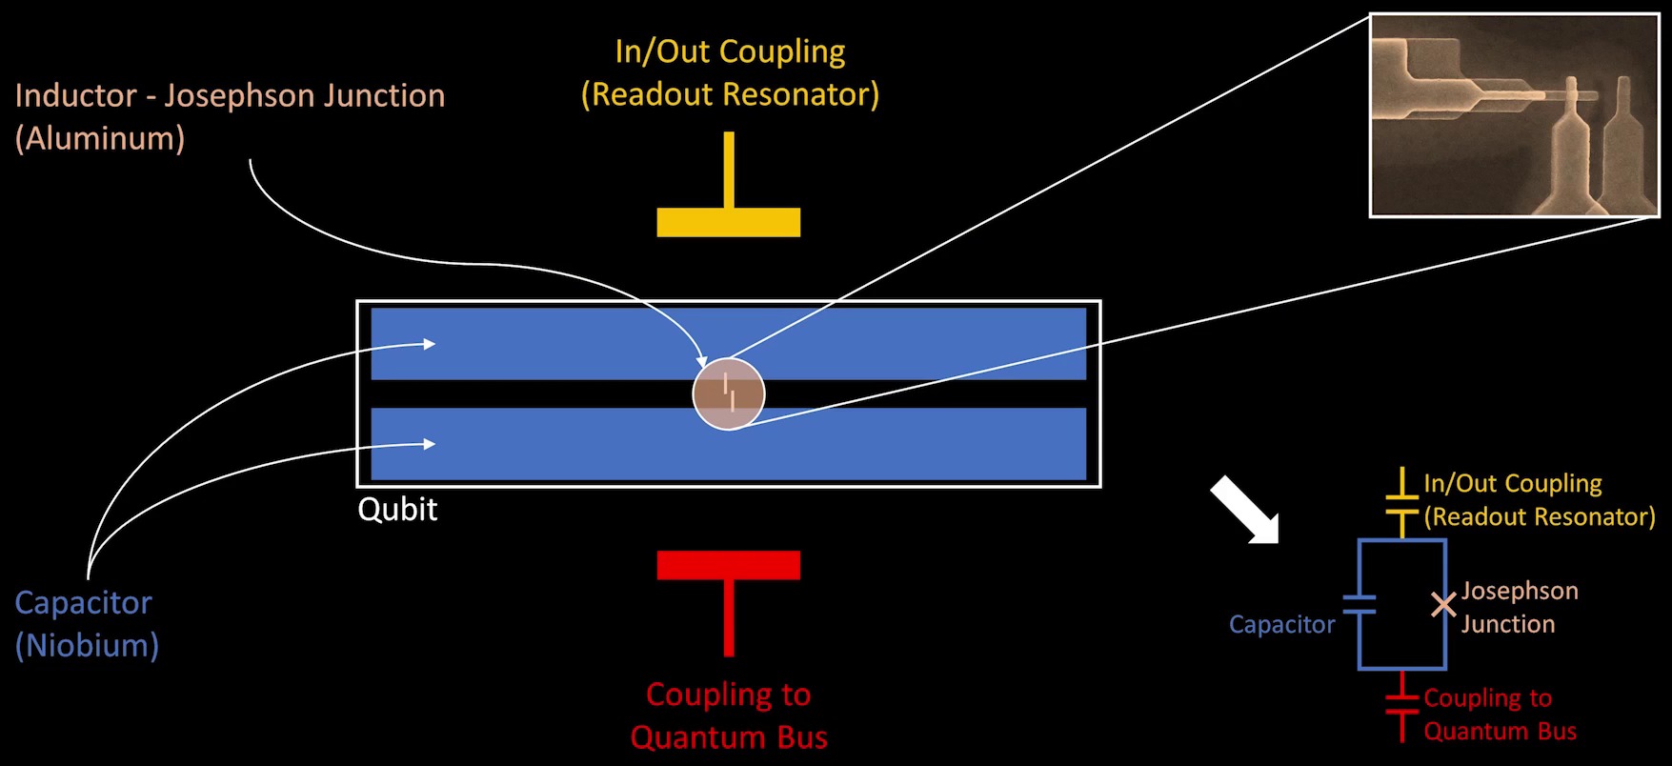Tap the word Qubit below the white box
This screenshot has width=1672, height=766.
coord(397,510)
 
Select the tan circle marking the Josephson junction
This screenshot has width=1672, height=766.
coord(729,393)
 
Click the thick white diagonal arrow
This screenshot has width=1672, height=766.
coord(1244,510)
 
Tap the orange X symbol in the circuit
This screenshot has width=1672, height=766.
coord(1443,605)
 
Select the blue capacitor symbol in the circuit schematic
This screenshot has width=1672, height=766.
coord(1360,604)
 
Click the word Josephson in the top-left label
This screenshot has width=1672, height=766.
coord(243,95)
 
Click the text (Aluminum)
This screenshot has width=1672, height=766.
coord(99,139)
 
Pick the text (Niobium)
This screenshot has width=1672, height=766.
coord(87,645)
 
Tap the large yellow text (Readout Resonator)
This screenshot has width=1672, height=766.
coord(730,94)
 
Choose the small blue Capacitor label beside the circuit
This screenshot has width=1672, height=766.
coord(1281,624)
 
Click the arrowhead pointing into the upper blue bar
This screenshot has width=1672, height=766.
coord(429,344)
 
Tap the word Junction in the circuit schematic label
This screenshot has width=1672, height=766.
coord(1508,624)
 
